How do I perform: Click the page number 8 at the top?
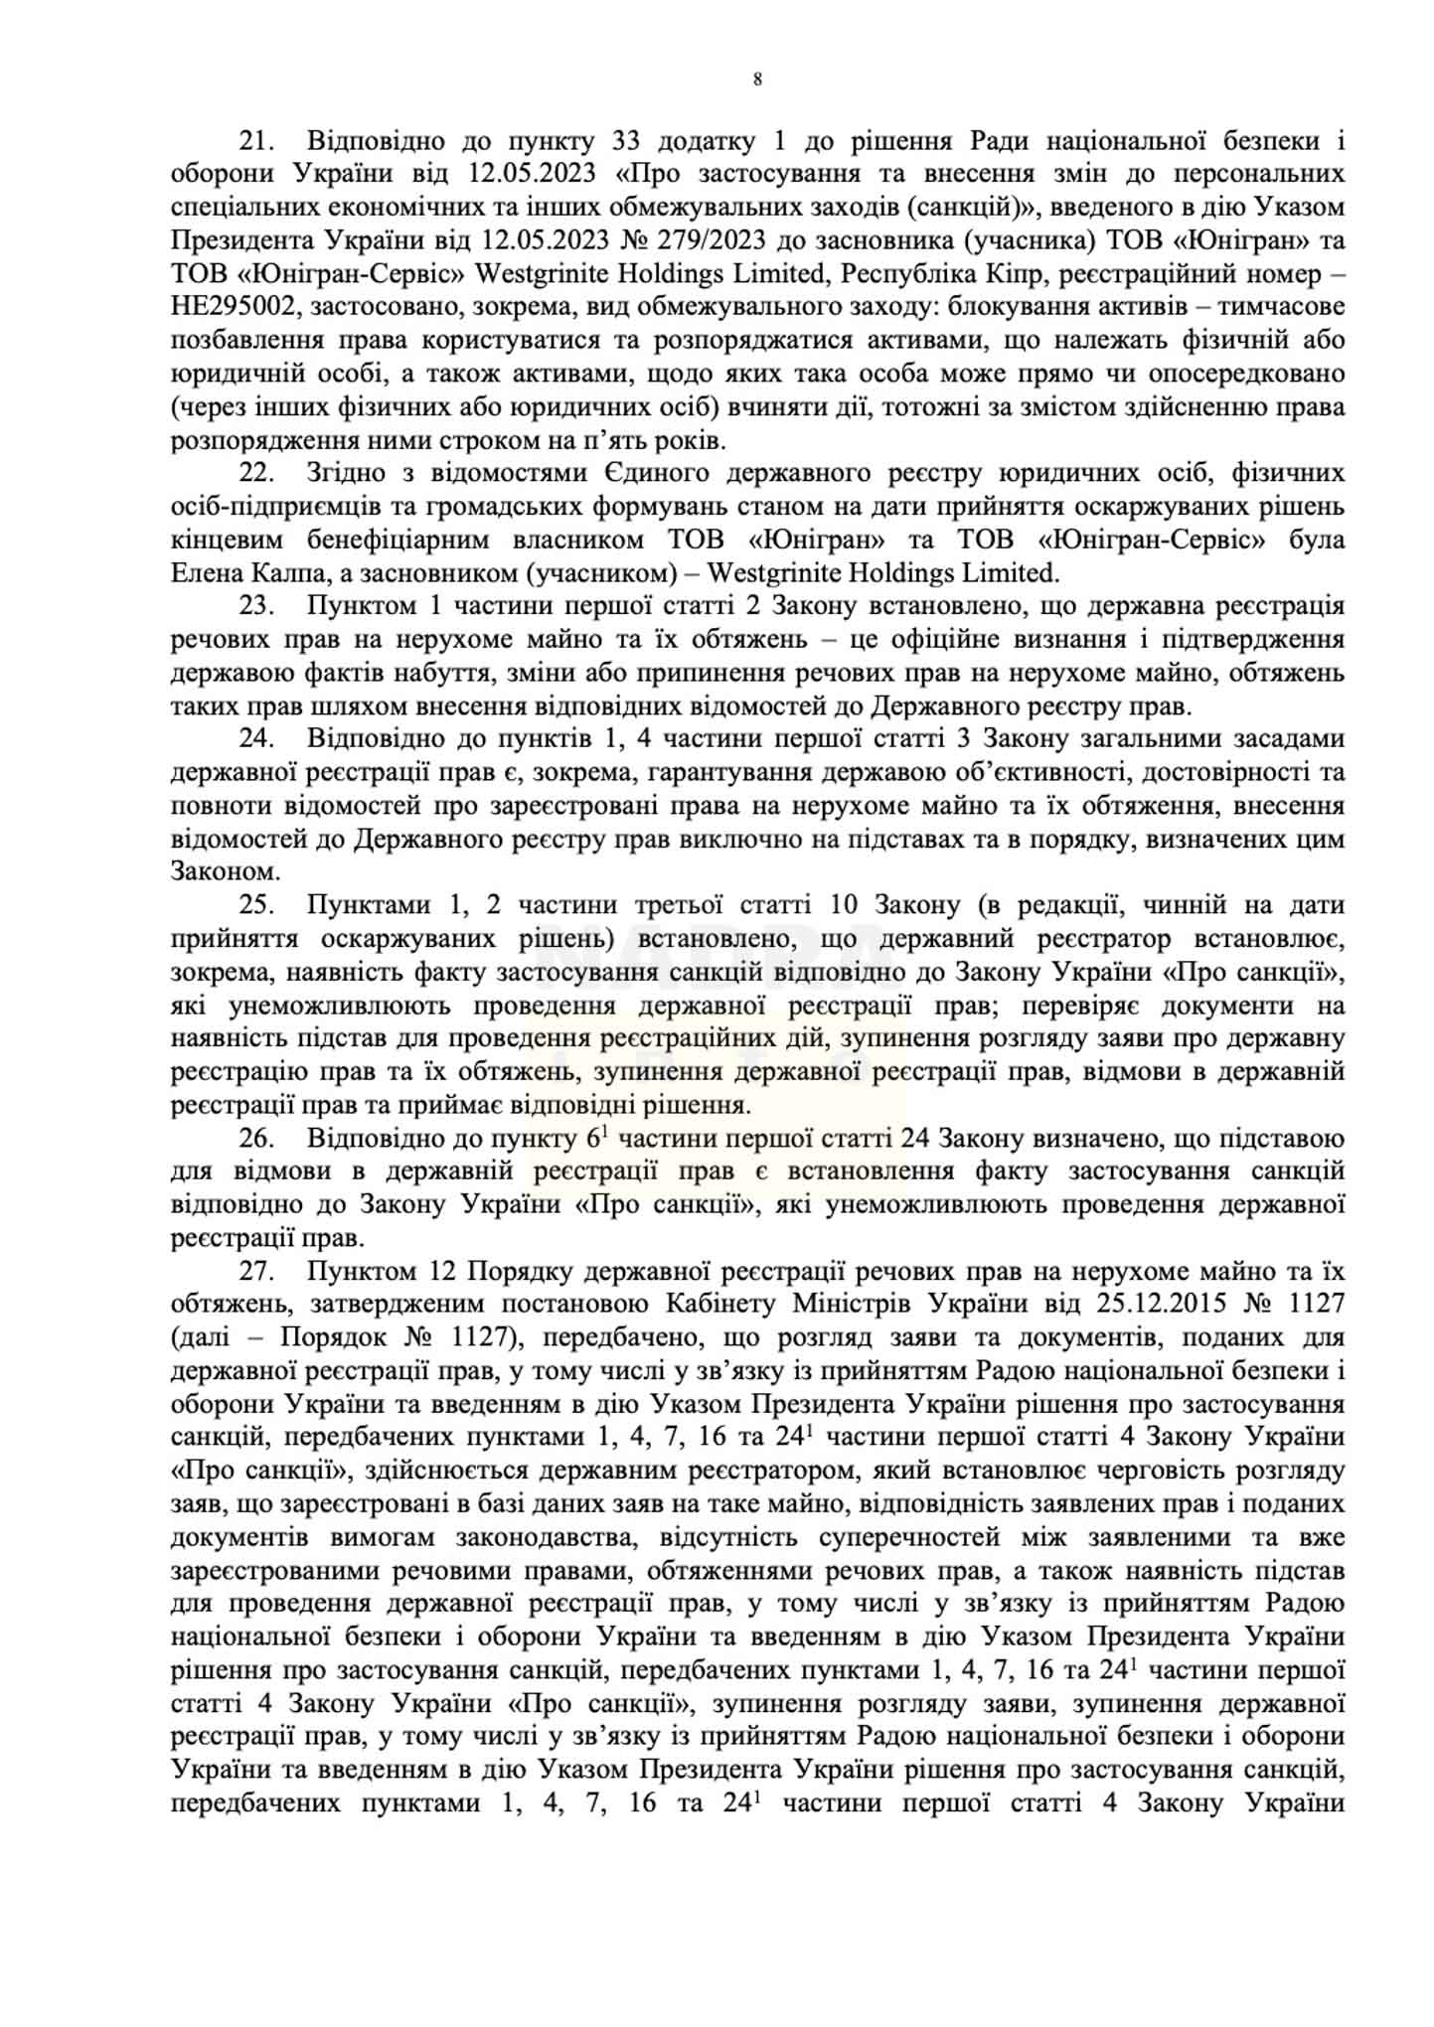757,80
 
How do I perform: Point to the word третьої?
691,905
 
